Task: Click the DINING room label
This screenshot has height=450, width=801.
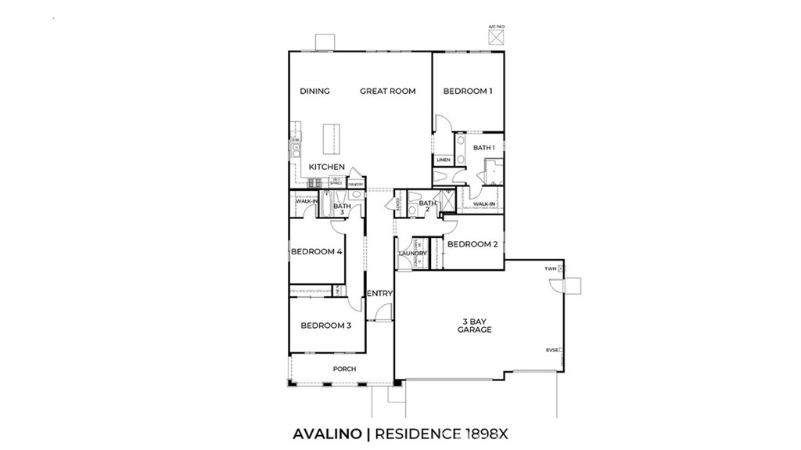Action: [x=314, y=92]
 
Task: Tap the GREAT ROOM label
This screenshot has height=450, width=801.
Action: [x=387, y=92]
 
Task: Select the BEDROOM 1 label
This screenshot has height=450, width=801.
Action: [x=468, y=92]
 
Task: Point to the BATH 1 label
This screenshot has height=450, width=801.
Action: [x=483, y=147]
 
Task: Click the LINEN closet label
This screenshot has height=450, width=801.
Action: [x=444, y=160]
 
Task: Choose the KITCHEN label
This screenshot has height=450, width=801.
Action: [x=326, y=167]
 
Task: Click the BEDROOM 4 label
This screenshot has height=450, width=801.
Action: [x=316, y=252]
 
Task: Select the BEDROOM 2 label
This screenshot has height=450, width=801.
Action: [x=472, y=244]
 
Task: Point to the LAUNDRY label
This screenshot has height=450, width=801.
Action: [x=412, y=254]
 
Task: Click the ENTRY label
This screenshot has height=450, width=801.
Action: [x=379, y=293]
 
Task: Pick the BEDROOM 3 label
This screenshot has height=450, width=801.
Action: [x=325, y=326]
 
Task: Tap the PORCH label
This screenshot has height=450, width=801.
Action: [x=344, y=369]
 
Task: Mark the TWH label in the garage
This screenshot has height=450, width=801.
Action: [x=551, y=268]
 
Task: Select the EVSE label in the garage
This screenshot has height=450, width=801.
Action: [x=551, y=350]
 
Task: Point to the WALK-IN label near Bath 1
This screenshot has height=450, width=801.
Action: [x=484, y=204]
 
